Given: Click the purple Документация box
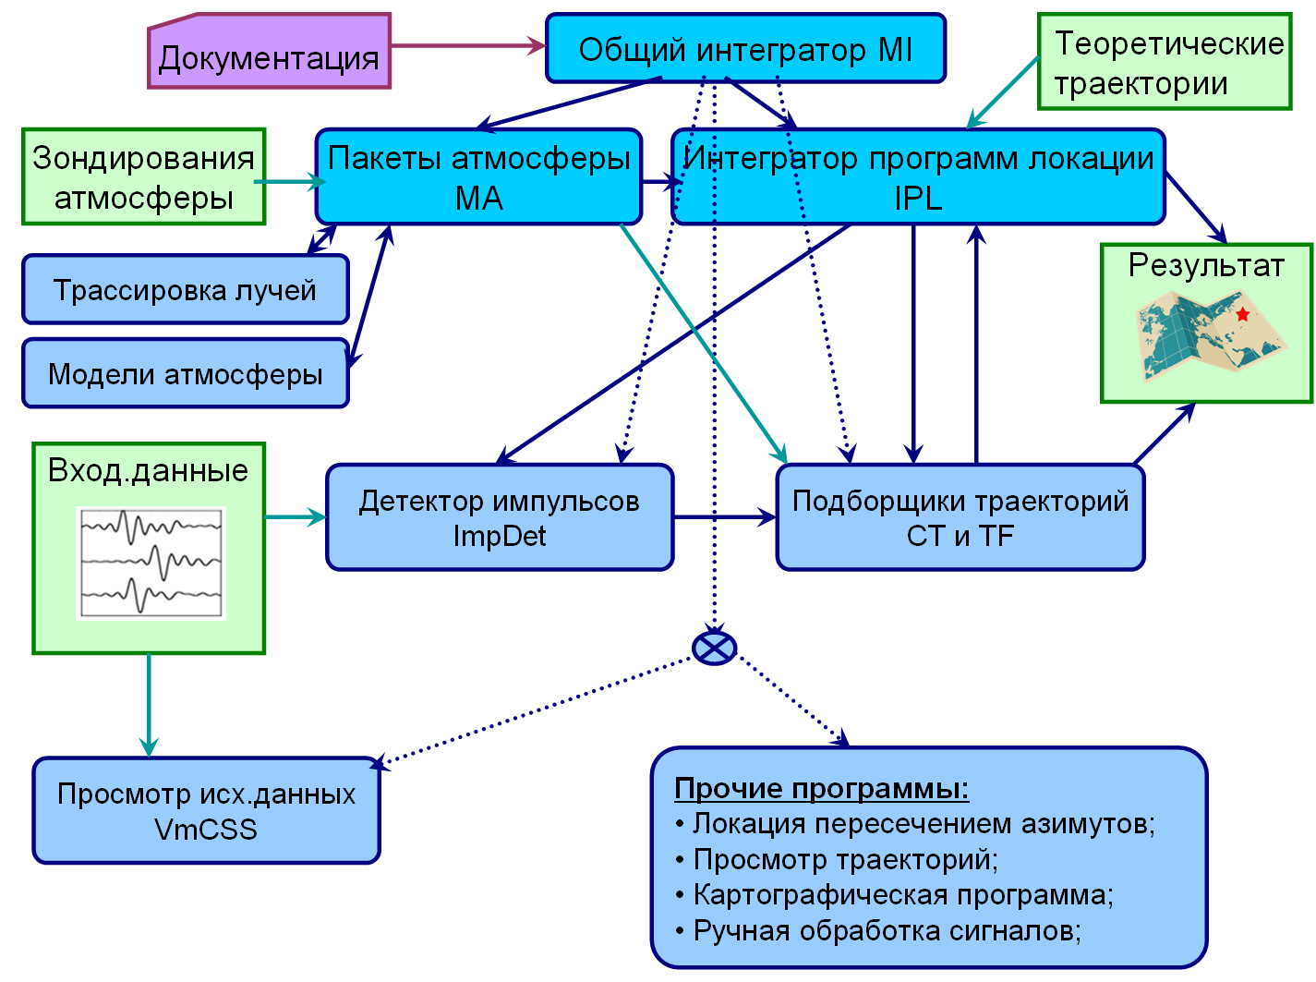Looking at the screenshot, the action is click(269, 51).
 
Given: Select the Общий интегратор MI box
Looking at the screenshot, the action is click(745, 48).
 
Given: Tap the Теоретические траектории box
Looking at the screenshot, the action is click(1165, 61).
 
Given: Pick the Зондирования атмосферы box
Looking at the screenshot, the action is click(143, 176).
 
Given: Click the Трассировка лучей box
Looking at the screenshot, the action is click(186, 289).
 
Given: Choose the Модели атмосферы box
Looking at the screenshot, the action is click(186, 373).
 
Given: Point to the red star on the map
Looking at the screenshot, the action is click(1242, 313).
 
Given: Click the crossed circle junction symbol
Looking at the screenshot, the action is click(714, 648).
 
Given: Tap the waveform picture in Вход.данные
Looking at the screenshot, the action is click(151, 563).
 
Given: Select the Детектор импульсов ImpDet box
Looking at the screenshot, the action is click(500, 516).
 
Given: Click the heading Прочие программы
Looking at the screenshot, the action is click(821, 788).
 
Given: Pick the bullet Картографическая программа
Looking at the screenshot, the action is click(894, 895).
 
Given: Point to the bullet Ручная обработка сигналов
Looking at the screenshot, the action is click(877, 931).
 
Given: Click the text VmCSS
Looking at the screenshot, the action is click(206, 830).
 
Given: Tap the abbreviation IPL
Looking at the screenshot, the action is click(918, 198).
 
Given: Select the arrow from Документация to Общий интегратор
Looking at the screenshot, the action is click(468, 45).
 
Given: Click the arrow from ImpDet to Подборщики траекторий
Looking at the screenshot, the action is click(725, 516).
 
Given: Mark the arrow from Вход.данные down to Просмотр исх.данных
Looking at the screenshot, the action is click(149, 706).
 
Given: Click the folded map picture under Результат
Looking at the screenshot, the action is click(1211, 335).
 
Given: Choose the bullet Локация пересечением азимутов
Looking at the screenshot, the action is click(914, 824).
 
